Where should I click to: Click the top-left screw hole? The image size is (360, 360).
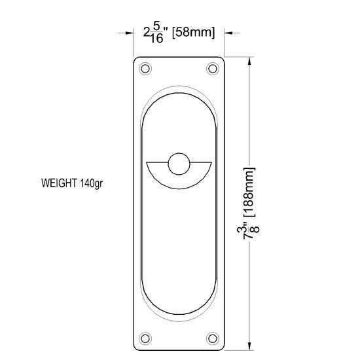[x=145, y=67]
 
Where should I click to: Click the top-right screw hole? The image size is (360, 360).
[x=213, y=67]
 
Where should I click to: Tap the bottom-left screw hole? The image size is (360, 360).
[x=145, y=338]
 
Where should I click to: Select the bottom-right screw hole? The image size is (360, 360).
[x=213, y=338]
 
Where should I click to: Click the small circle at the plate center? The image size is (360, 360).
[x=179, y=164]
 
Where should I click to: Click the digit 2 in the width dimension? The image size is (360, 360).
[x=147, y=32]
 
